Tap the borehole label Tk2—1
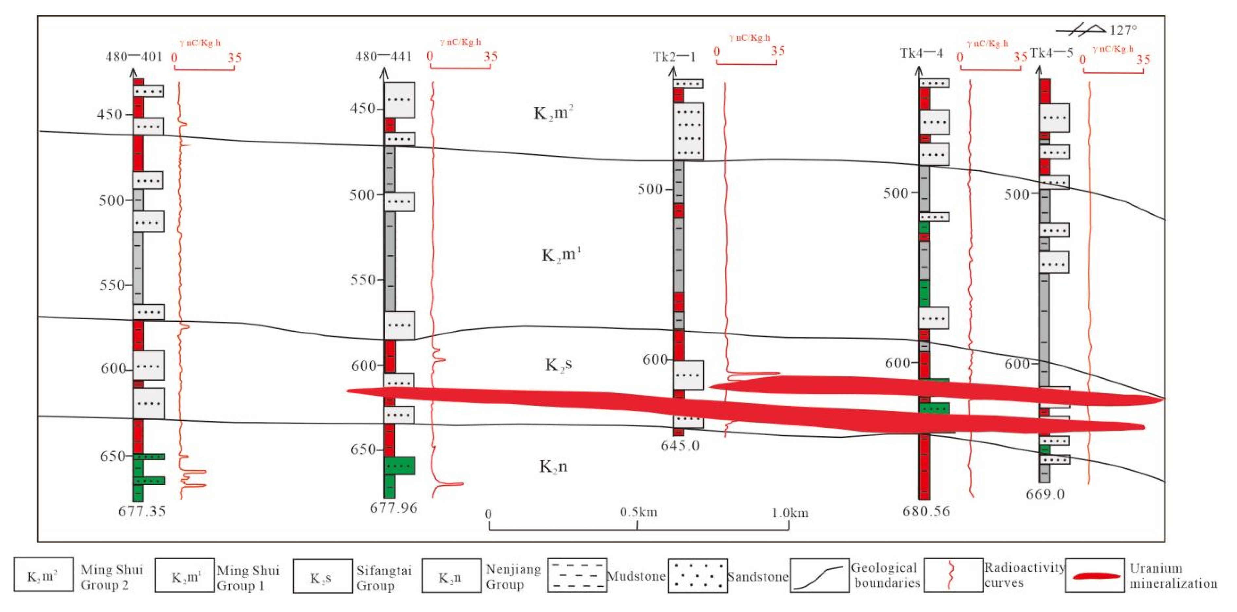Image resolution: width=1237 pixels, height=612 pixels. tap(674, 57)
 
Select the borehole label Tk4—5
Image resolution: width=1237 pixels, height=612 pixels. tap(1051, 53)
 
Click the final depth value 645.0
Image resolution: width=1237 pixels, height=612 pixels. tap(680, 446)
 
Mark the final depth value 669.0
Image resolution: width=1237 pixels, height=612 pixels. tap(1045, 494)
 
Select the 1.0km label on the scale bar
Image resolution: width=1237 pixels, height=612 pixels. tap(790, 513)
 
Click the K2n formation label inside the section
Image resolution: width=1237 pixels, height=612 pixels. tap(553, 466)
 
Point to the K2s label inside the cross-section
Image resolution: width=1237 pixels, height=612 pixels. tap(558, 364)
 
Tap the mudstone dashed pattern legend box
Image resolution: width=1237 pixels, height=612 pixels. tap(577, 576)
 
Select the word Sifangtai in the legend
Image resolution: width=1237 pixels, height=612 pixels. tap(384, 570)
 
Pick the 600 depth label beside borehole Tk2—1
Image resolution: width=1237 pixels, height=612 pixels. tap(655, 359)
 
